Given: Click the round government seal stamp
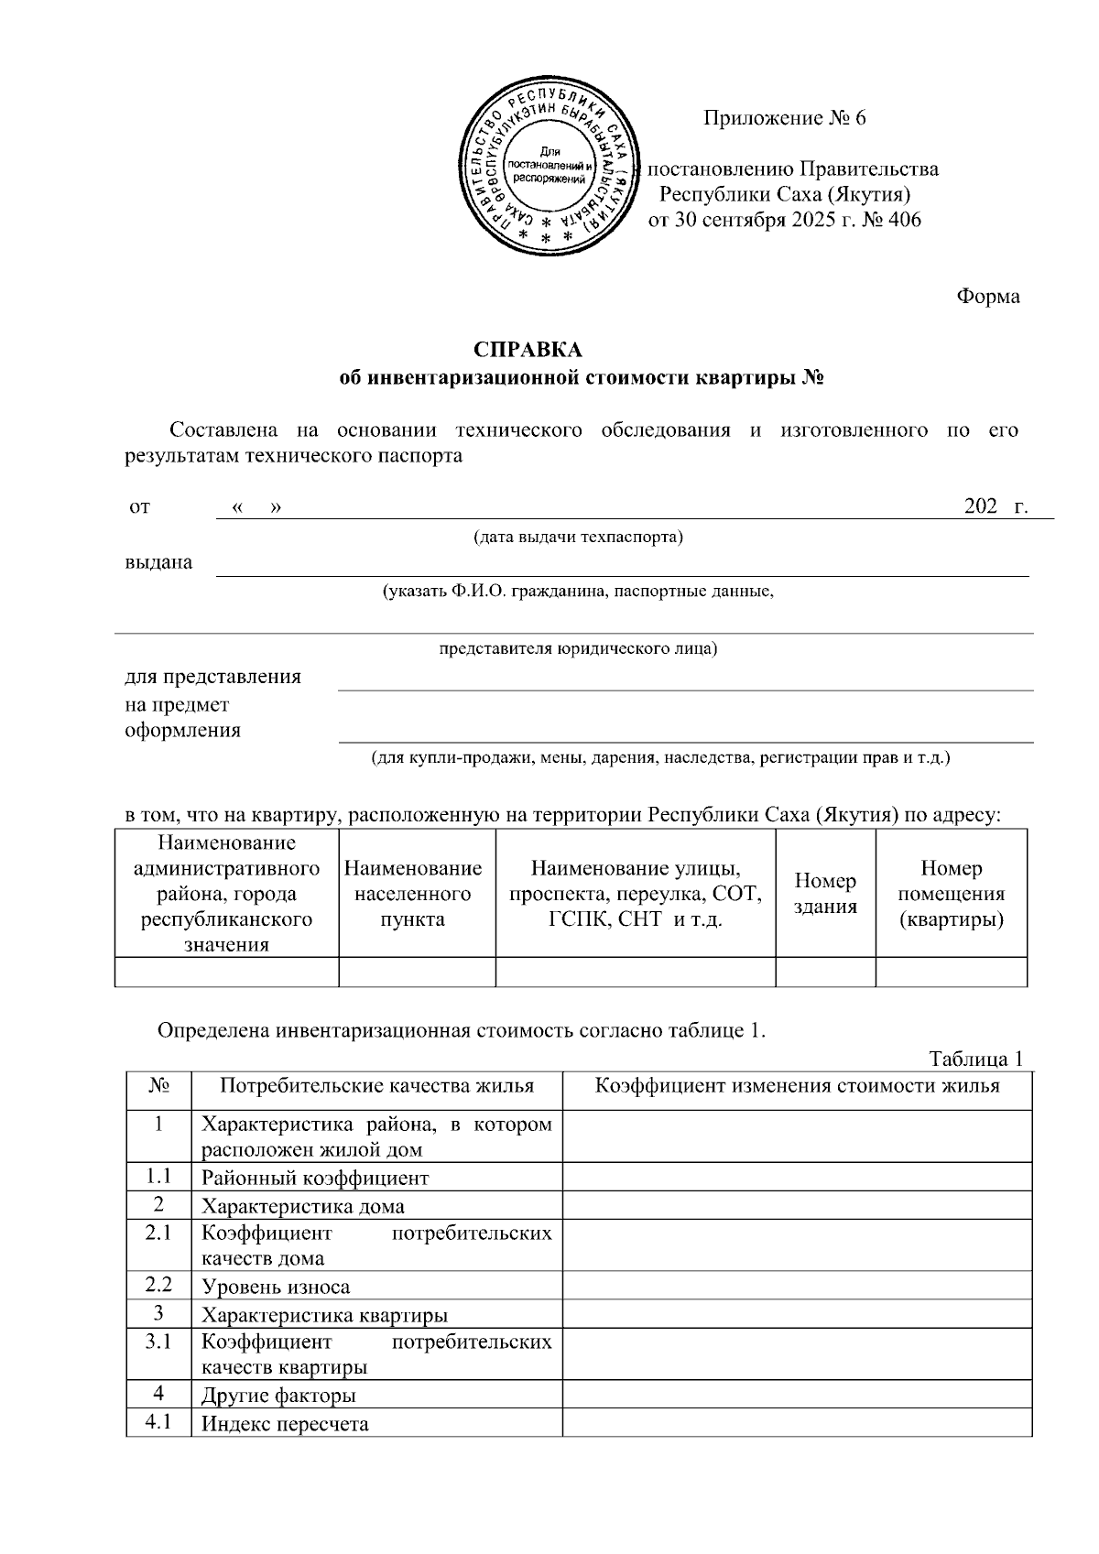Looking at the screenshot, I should pyautogui.click(x=549, y=166).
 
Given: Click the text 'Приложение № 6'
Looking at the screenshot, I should pyautogui.click(x=784, y=118).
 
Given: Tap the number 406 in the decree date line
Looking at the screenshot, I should pyautogui.click(x=903, y=220).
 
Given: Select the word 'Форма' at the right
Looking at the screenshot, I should pyautogui.click(x=987, y=297).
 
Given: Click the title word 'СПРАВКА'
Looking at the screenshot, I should pyautogui.click(x=528, y=350).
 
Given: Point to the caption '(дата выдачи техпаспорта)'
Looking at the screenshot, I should pyautogui.click(x=578, y=537).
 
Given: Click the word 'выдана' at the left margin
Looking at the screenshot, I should pyautogui.click(x=158, y=562).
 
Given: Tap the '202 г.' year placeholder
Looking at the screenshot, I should pyautogui.click(x=996, y=506).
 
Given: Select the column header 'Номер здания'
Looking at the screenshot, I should pyautogui.click(x=825, y=893).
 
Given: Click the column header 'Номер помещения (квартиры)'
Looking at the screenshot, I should pyautogui.click(x=951, y=893).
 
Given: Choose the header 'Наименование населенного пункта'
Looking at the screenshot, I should pyautogui.click(x=413, y=893).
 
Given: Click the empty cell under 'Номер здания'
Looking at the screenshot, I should pyautogui.click(x=825, y=972).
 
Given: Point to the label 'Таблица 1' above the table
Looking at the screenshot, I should pyautogui.click(x=974, y=1060).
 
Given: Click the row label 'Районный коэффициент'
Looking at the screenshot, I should pyautogui.click(x=314, y=1178).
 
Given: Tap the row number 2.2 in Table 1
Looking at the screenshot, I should pyautogui.click(x=158, y=1285).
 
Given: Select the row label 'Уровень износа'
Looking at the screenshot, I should pyautogui.click(x=276, y=1287).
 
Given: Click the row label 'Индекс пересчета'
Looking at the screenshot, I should pyautogui.click(x=285, y=1424).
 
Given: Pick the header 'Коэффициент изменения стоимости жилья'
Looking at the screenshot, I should pyautogui.click(x=797, y=1086).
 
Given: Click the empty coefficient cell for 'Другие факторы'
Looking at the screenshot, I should pyautogui.click(x=797, y=1395).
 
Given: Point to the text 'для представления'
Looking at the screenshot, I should pyautogui.click(x=212, y=677).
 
